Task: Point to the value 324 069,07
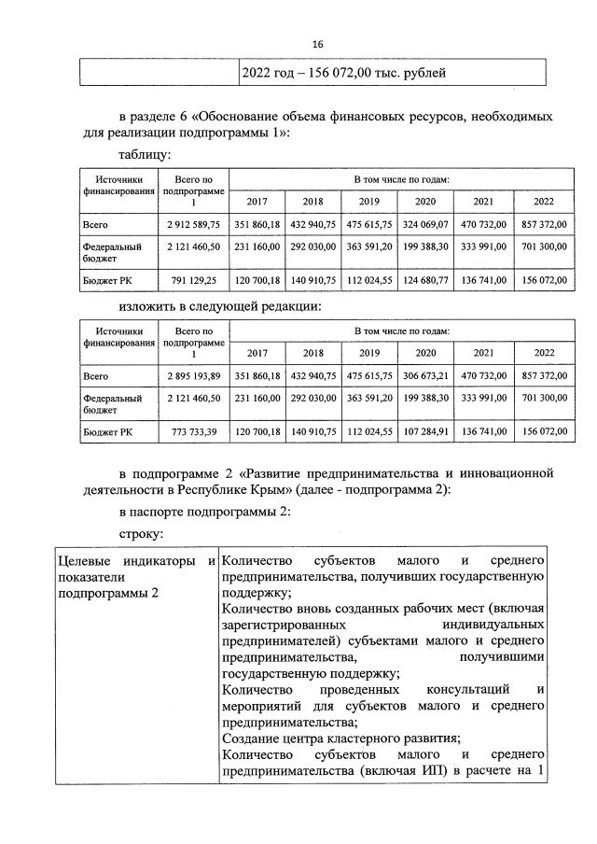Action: pyautogui.click(x=425, y=224)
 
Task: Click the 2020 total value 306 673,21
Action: pyautogui.click(x=425, y=375)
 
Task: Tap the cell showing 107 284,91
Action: pyautogui.click(x=425, y=430)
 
